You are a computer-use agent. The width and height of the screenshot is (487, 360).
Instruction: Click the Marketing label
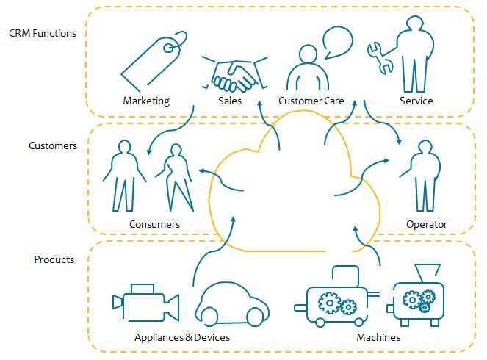(146, 101)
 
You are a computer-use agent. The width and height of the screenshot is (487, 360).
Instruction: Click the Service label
(416, 101)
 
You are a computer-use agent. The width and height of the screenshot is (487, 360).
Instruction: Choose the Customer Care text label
(311, 101)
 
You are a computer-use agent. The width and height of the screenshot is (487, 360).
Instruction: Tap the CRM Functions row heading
(43, 33)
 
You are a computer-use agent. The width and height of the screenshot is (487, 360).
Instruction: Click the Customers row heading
(53, 145)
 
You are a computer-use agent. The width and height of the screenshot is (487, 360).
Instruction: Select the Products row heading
(54, 259)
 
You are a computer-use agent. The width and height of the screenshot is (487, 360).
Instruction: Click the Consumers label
(154, 224)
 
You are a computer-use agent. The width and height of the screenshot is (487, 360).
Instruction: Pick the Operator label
(427, 224)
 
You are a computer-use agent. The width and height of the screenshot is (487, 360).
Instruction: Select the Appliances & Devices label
(182, 337)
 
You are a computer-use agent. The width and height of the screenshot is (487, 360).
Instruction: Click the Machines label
(378, 337)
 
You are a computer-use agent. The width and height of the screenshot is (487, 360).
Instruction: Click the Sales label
(230, 101)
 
